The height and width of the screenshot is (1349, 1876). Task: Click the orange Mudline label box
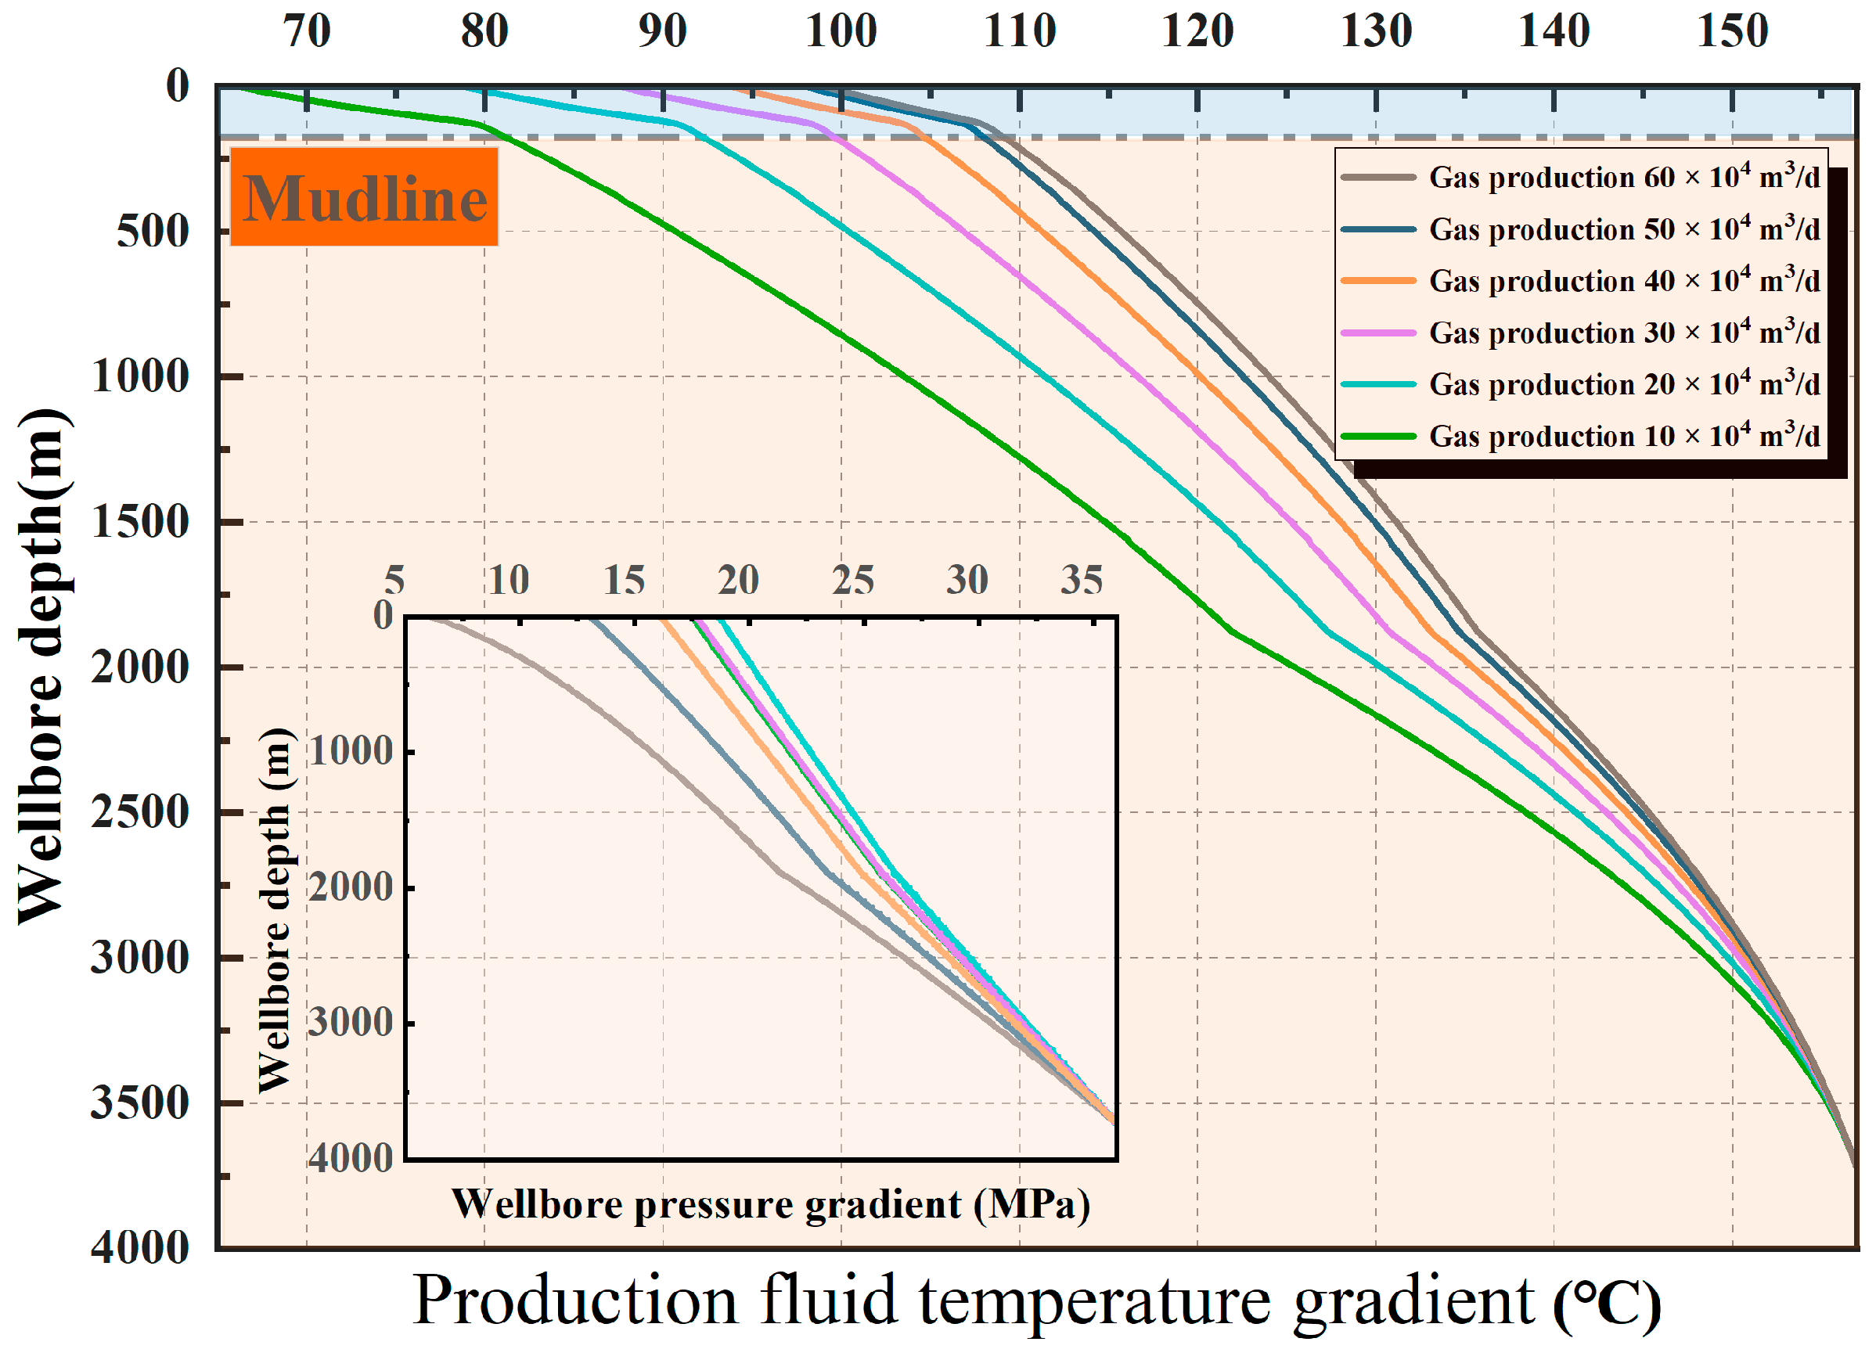pyautogui.click(x=364, y=197)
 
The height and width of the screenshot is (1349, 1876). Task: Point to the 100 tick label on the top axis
pyautogui.click(x=841, y=31)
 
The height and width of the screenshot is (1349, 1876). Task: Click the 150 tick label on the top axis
pyautogui.click(x=1731, y=31)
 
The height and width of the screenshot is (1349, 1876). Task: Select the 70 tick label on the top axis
pyautogui.click(x=307, y=31)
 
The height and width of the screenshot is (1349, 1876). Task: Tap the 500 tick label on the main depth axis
pyautogui.click(x=153, y=231)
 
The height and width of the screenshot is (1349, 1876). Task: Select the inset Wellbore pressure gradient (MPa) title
pyautogui.click(x=770, y=1204)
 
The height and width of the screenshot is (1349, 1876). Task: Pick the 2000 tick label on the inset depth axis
pyautogui.click(x=351, y=887)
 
